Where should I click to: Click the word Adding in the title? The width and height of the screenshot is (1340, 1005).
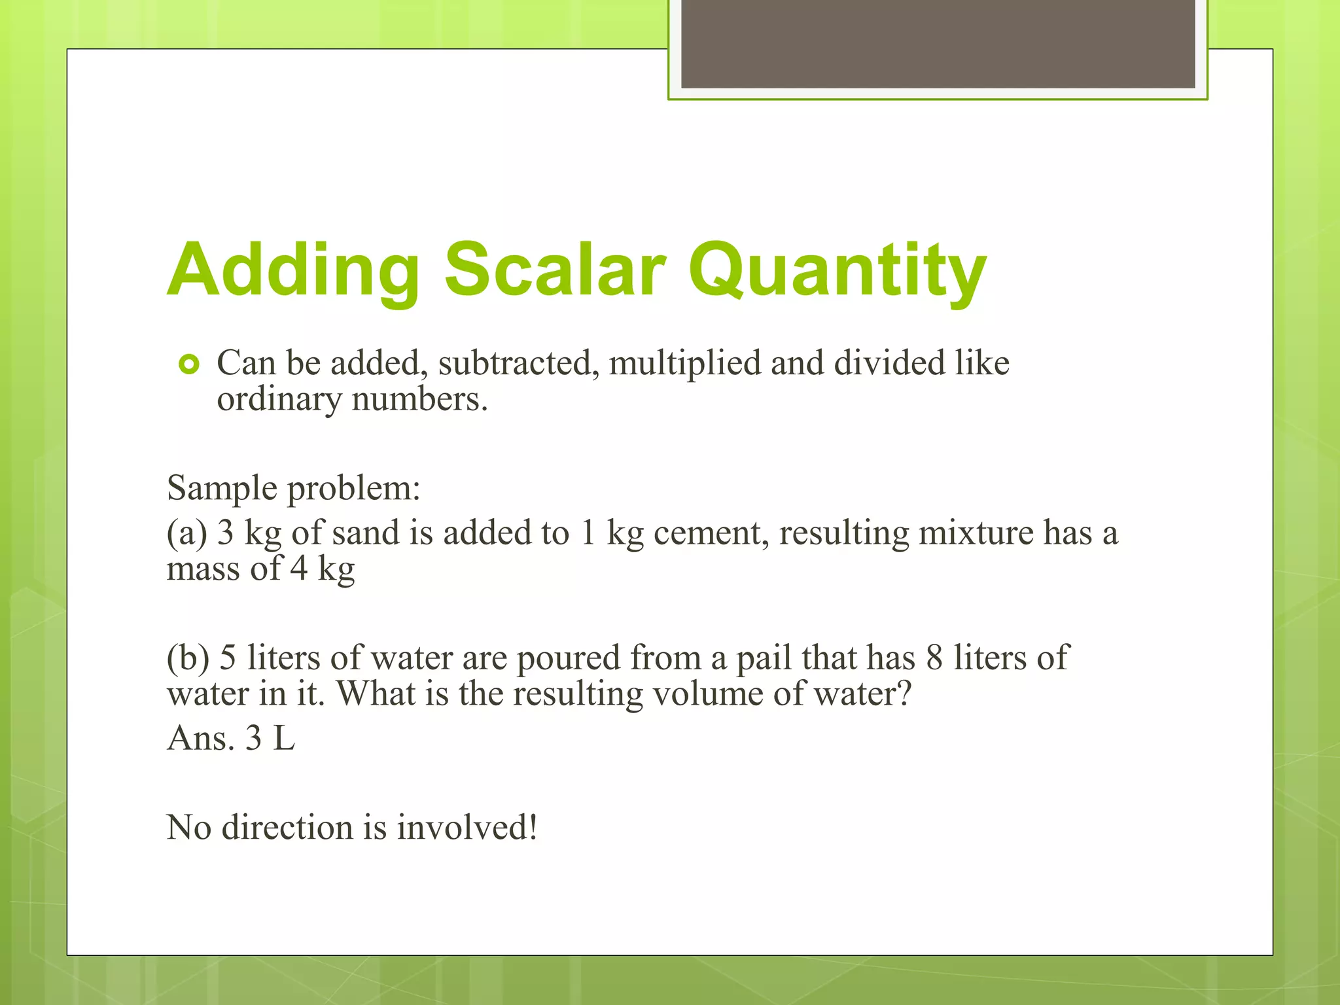[x=293, y=270]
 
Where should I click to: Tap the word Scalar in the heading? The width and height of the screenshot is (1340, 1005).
[x=555, y=269]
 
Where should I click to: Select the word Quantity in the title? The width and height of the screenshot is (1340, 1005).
[x=837, y=270]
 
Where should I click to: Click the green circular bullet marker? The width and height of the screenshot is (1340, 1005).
[x=188, y=364]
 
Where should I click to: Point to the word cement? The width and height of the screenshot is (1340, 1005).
[x=711, y=533]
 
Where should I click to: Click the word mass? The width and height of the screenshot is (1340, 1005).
[x=203, y=568]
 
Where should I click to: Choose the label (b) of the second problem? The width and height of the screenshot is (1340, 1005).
[x=188, y=658]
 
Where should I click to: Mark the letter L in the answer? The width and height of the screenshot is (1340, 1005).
[x=284, y=738]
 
